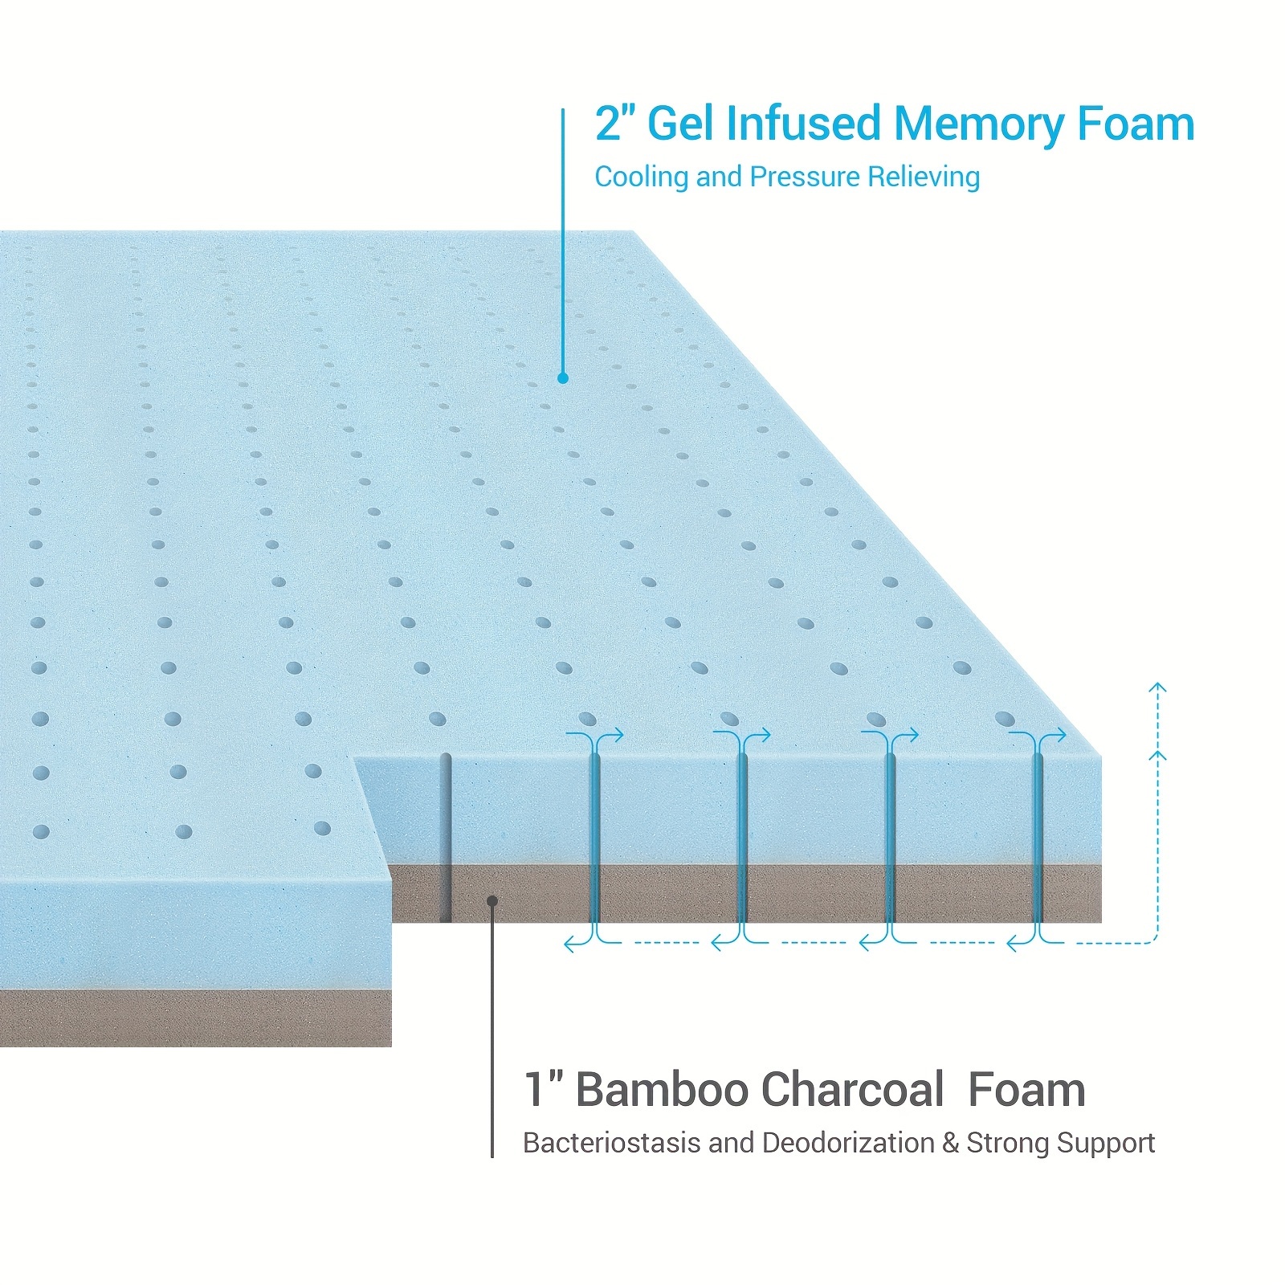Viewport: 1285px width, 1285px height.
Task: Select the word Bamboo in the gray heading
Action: pos(662,1090)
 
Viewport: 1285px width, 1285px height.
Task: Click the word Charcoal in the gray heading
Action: pos(852,1090)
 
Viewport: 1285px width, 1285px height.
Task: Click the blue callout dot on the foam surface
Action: pos(563,377)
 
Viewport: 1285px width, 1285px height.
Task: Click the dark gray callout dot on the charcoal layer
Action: pos(492,900)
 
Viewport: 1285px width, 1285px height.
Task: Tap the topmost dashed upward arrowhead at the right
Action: pos(1156,688)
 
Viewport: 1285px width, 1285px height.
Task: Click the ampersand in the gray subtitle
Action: pos(951,1143)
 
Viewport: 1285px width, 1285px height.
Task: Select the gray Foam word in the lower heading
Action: pos(1026,1090)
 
